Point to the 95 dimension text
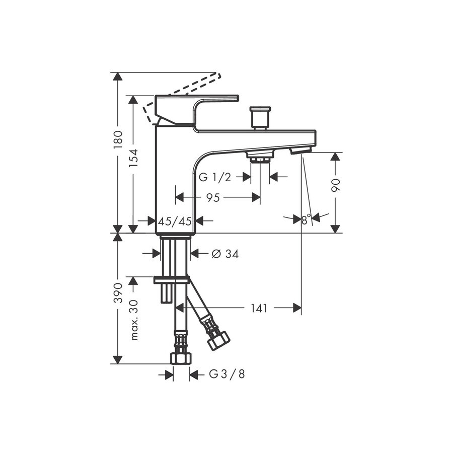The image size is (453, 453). pos(213,198)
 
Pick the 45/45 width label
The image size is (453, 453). pos(175,221)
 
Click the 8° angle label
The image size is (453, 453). pos(306,219)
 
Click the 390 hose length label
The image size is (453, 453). pos(117,292)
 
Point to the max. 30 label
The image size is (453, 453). pos(134,320)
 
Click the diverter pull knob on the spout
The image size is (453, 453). pos(260,117)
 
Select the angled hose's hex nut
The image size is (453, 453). pos(218,340)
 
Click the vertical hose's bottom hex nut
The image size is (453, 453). pos(181,357)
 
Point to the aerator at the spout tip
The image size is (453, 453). pos(301,149)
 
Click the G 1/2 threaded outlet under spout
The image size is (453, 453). pos(260,159)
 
